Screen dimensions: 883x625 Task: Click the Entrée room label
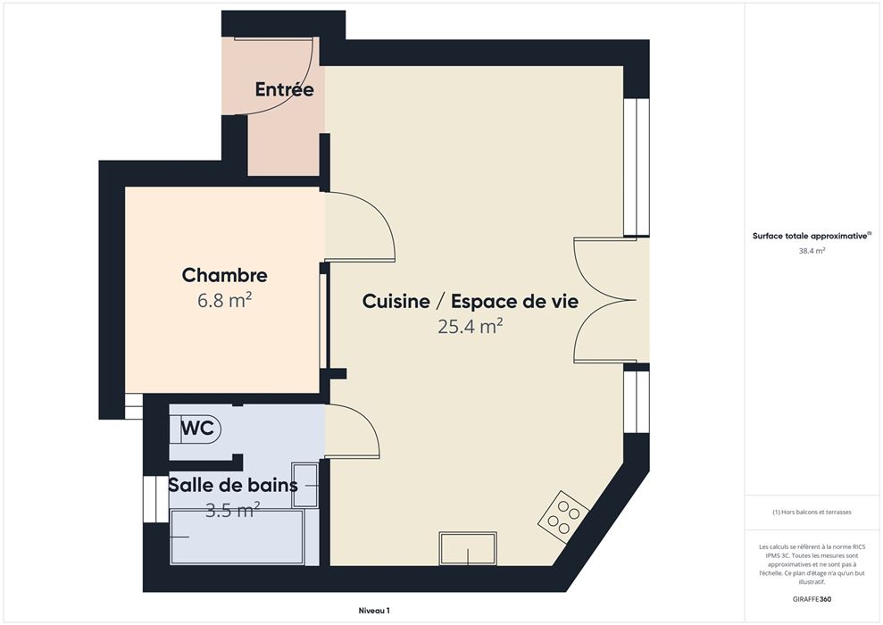click(x=285, y=89)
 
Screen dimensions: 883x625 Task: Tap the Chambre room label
click(x=225, y=275)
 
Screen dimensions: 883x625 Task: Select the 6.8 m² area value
click(x=224, y=300)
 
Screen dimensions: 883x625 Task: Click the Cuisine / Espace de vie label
click(x=471, y=301)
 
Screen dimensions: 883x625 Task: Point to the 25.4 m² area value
click(x=471, y=326)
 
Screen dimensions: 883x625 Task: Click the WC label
click(x=197, y=429)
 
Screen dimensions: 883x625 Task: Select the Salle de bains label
click(x=233, y=485)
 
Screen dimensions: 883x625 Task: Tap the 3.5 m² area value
click(x=232, y=510)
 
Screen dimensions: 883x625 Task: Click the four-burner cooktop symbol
click(x=563, y=518)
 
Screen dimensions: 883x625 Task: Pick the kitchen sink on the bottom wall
click(x=468, y=548)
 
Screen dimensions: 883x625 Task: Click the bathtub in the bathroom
click(x=237, y=537)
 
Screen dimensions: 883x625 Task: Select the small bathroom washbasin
click(x=304, y=485)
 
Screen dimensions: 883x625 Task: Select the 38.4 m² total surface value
click(x=812, y=251)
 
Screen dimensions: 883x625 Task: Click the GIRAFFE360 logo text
click(x=812, y=599)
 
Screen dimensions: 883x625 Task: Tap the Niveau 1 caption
click(x=374, y=611)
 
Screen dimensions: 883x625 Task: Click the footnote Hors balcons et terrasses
click(x=812, y=512)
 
